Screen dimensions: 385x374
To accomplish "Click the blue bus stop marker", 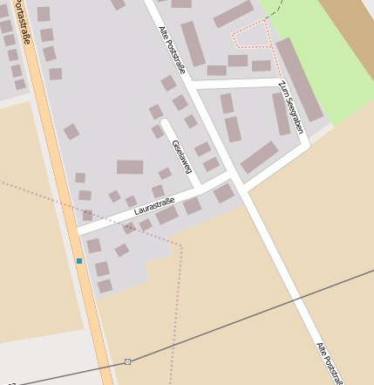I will coord(79,261).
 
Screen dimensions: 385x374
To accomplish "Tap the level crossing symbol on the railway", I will coord(128,361).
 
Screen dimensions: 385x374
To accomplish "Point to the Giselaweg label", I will coord(182,155).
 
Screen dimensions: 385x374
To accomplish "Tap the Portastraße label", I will coord(13,30).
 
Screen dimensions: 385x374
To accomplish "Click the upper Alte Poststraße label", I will coord(172,52).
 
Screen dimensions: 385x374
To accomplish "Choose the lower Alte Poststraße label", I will coord(329,361).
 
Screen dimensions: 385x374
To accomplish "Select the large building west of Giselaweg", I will coord(130,167).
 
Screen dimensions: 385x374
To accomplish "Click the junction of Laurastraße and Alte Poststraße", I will coord(231,179).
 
